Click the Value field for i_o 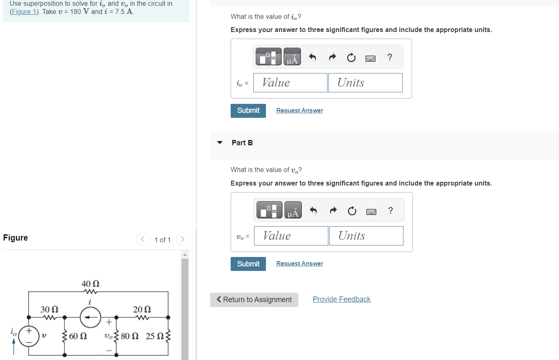[x=290, y=83]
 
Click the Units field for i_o [x=365, y=83]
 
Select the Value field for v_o [x=291, y=236]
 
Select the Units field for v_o [x=366, y=236]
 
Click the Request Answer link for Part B [x=299, y=264]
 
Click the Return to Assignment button [x=254, y=300]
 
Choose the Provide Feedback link [x=341, y=299]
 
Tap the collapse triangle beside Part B [x=220, y=143]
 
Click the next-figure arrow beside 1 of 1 [x=183, y=239]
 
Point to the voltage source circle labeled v [x=29, y=336]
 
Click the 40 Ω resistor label [x=90, y=284]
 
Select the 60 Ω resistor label [x=78, y=336]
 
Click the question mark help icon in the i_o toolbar [x=389, y=57]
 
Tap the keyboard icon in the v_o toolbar [x=371, y=211]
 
